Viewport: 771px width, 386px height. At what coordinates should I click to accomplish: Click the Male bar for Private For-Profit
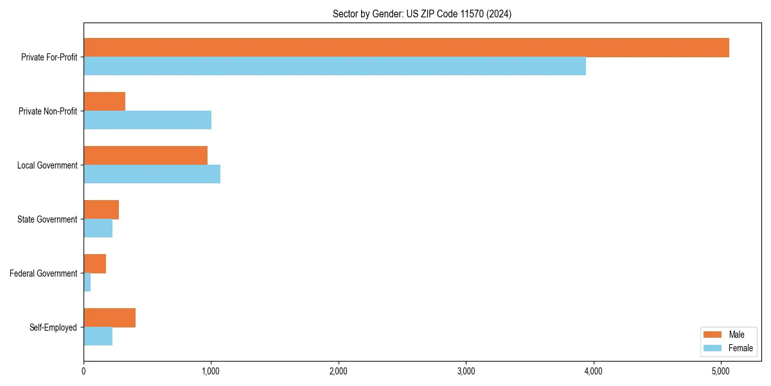click(x=406, y=48)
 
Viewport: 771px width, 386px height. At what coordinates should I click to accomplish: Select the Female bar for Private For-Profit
click(x=335, y=66)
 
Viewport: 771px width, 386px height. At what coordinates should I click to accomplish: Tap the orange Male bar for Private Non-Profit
click(x=105, y=102)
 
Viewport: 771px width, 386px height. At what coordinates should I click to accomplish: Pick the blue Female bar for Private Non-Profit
click(x=147, y=120)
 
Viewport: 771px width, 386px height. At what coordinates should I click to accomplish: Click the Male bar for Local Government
click(x=145, y=156)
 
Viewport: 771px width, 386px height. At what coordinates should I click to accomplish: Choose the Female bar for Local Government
click(x=152, y=174)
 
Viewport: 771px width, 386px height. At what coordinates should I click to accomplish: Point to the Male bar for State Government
click(x=101, y=210)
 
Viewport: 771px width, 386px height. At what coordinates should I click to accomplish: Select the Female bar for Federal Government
click(x=87, y=282)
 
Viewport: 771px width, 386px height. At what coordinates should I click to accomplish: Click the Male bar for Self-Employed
click(x=109, y=318)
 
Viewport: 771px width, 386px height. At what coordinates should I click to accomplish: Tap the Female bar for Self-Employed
click(x=98, y=336)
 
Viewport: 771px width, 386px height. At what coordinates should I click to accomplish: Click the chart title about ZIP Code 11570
click(x=422, y=14)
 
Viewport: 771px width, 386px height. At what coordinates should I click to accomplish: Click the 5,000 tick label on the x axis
click(x=720, y=371)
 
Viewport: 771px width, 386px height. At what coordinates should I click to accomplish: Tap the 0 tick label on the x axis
click(x=84, y=371)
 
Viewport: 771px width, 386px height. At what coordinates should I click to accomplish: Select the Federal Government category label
click(x=44, y=273)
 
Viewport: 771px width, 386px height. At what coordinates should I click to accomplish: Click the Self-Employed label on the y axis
click(x=53, y=327)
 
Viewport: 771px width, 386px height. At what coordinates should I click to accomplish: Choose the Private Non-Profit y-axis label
click(x=48, y=111)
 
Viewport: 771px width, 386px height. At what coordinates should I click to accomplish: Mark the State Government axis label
click(x=48, y=219)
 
